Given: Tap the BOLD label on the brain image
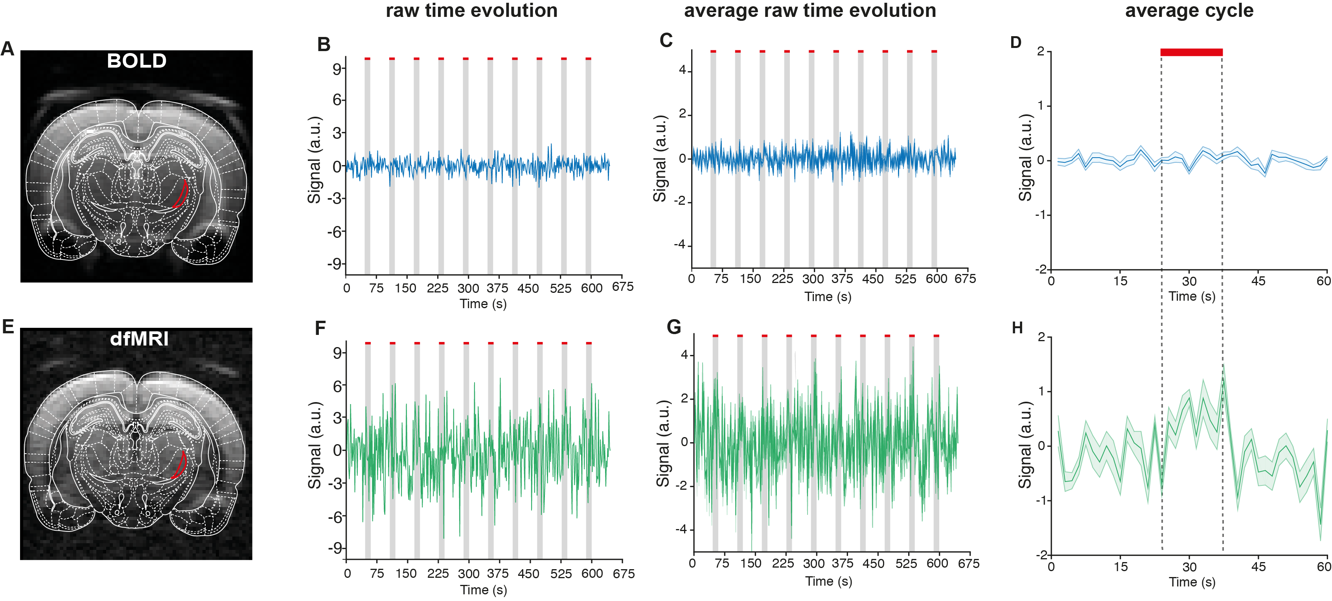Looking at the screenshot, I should pyautogui.click(x=136, y=61).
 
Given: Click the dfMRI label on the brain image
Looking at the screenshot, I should pyautogui.click(x=139, y=339).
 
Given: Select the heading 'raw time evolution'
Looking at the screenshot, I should pyautogui.click(x=471, y=10).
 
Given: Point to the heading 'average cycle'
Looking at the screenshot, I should pyautogui.click(x=1189, y=10).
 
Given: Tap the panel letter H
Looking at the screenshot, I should pyautogui.click(x=1017, y=328).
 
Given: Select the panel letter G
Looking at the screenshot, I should pyautogui.click(x=674, y=327).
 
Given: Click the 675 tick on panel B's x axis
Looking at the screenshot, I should pyautogui.click(x=623, y=287).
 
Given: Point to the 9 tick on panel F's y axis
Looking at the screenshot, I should pyautogui.click(x=337, y=353).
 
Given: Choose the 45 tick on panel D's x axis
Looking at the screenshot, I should pyautogui.click(x=1258, y=281).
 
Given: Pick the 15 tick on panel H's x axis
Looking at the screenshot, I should pyautogui.click(x=1120, y=567).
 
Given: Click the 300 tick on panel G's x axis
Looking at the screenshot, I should pyautogui.click(x=813, y=563).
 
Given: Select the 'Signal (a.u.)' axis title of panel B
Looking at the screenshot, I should pyautogui.click(x=315, y=160).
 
